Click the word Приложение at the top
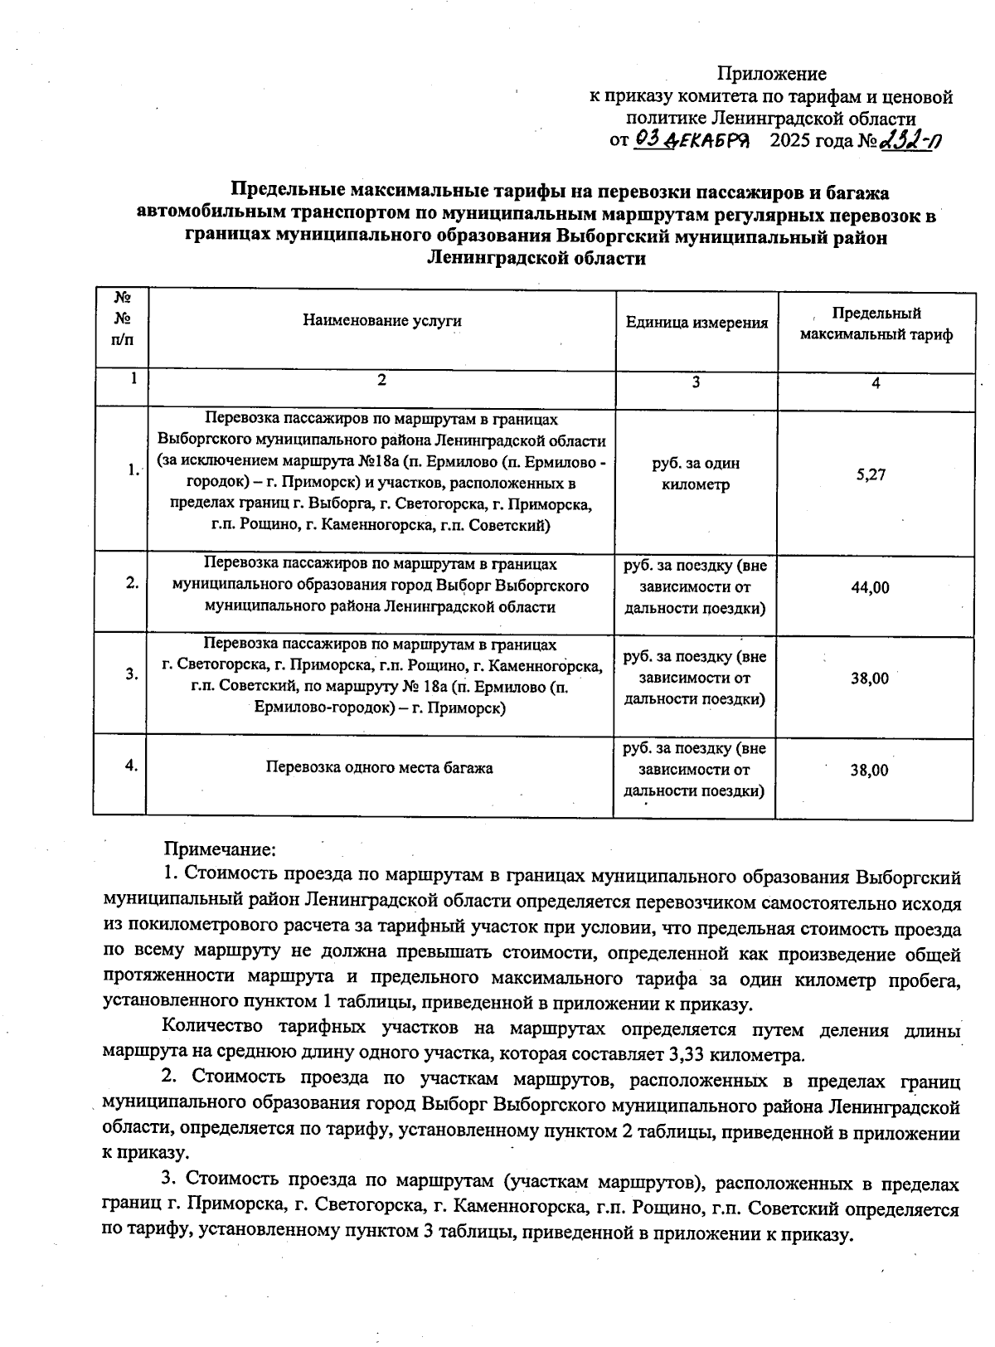pyautogui.click(x=771, y=74)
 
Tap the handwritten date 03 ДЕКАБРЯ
pyautogui.click(x=692, y=140)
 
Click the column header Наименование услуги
pyautogui.click(x=381, y=321)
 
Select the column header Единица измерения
pyautogui.click(x=696, y=323)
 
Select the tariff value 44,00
pyautogui.click(x=870, y=587)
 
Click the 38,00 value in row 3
pyautogui.click(x=869, y=678)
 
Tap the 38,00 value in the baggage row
pyautogui.click(x=869, y=771)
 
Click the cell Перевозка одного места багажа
pyautogui.click(x=379, y=768)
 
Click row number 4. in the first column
pyautogui.click(x=131, y=766)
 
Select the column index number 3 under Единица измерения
pyautogui.click(x=696, y=382)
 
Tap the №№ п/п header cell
pyautogui.click(x=121, y=318)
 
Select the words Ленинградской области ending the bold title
pyautogui.click(x=536, y=259)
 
